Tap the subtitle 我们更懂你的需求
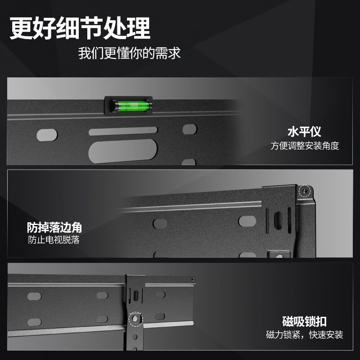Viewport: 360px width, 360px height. click(x=129, y=54)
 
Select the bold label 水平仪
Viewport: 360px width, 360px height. click(x=304, y=132)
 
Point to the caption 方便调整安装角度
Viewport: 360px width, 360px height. click(x=305, y=146)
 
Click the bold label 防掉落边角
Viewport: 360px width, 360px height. click(x=54, y=227)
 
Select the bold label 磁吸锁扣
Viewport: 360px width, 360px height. click(x=304, y=322)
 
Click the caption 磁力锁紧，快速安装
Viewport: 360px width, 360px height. click(x=305, y=335)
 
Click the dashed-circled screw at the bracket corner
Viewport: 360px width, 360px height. click(x=306, y=191)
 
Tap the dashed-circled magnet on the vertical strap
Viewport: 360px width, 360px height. click(x=135, y=318)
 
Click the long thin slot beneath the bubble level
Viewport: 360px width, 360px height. click(x=123, y=131)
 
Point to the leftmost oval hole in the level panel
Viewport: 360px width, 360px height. click(x=47, y=134)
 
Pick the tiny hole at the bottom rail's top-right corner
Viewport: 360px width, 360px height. click(x=193, y=279)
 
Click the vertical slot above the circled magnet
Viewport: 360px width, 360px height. click(x=135, y=296)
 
